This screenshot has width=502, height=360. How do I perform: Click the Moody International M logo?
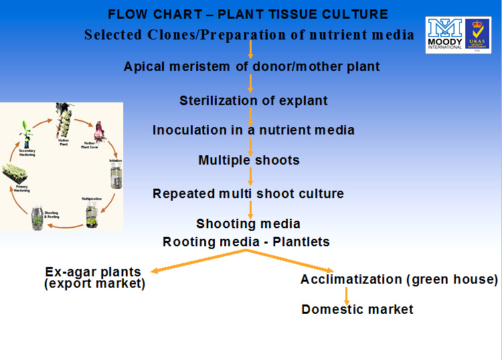coord(445,31)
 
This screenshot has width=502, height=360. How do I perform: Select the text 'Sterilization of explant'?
coord(254,101)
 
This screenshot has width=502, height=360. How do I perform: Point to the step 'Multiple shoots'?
coord(249,161)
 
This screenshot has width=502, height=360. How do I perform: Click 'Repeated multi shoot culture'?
coord(248,194)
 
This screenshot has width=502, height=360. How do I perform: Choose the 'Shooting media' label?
coord(248,224)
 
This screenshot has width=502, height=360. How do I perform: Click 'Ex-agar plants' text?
coord(93,272)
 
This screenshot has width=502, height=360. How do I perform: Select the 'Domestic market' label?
coord(357,309)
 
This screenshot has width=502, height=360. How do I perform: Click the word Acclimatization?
coord(351,280)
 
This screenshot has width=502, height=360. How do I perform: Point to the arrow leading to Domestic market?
coord(346,295)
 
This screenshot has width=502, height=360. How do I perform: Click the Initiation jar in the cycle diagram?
coord(116,176)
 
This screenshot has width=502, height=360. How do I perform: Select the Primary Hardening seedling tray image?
coord(14,173)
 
